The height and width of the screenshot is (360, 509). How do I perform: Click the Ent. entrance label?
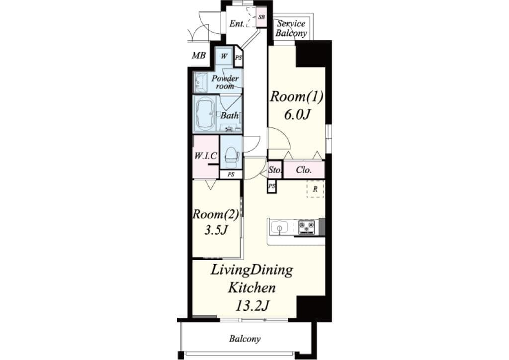[x=237, y=23]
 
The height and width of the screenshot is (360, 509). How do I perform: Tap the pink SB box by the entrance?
[x=261, y=17]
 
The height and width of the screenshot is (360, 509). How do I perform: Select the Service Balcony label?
[x=291, y=28]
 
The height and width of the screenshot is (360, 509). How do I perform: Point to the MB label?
[x=199, y=55]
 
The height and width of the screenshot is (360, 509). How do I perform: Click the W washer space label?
[x=224, y=56]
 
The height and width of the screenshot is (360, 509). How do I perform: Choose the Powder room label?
[x=225, y=82]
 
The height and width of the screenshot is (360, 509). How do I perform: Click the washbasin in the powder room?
[x=201, y=83]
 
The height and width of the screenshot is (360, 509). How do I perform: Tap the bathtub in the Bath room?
[x=204, y=113]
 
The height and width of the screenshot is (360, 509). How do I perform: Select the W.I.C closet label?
[x=205, y=155]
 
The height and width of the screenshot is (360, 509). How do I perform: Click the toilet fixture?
[x=231, y=156]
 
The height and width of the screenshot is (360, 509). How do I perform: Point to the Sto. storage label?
[x=275, y=170]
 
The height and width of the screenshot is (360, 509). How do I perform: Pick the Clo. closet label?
[x=304, y=170]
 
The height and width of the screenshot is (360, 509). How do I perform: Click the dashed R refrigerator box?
[x=315, y=189]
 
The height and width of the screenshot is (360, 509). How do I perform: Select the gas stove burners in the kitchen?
[x=307, y=227]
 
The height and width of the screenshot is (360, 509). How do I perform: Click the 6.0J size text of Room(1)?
[x=297, y=114]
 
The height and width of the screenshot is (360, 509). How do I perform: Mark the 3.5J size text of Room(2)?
[x=215, y=231]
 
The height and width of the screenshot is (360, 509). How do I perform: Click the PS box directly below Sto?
[x=271, y=186]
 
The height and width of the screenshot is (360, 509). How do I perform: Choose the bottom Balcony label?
[x=245, y=339]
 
